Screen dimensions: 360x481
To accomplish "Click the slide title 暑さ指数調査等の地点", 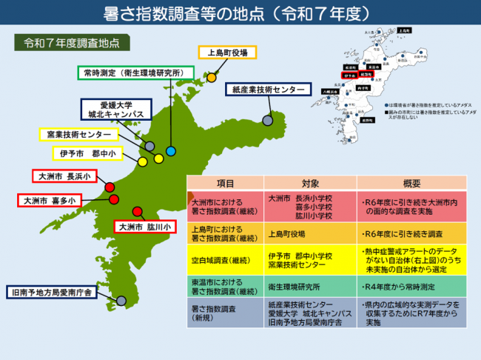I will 240,14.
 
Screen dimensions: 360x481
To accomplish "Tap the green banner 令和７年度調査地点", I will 73,42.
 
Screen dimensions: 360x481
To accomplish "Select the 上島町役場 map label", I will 227,53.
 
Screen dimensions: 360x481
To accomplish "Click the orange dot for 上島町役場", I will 211,77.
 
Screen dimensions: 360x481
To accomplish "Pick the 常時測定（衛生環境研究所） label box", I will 135,73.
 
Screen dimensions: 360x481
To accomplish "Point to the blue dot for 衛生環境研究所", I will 171,151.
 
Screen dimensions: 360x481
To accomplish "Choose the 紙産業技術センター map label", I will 266,90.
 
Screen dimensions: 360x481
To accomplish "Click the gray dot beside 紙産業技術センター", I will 268,120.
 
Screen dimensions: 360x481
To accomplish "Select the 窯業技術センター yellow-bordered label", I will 78,135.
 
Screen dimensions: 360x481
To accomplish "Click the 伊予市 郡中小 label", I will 88,154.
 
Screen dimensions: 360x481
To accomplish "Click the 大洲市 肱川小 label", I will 144,226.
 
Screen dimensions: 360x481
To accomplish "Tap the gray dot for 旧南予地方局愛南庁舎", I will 121,299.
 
